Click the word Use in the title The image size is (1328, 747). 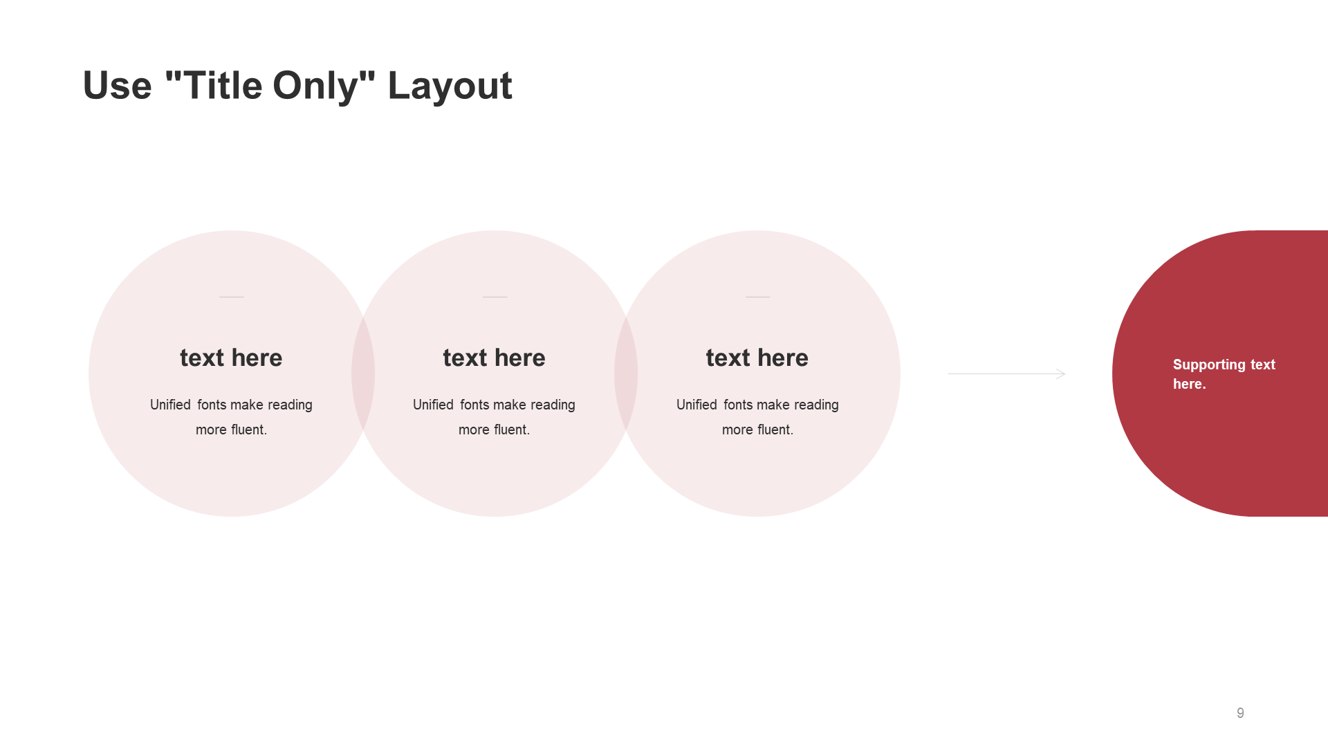(x=117, y=86)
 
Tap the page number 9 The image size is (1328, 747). (x=1240, y=713)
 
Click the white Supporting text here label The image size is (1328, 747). (x=1224, y=374)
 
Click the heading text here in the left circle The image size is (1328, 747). (x=231, y=358)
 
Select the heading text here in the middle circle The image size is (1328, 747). (x=494, y=358)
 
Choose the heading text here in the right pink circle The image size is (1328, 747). (x=757, y=358)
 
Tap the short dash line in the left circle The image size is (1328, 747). (x=232, y=297)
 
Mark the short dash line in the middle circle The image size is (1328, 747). (x=495, y=297)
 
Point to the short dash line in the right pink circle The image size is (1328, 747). (x=757, y=297)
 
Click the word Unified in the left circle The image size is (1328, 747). (x=170, y=405)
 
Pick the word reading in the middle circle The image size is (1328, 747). (x=552, y=405)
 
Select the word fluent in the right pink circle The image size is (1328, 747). (x=773, y=430)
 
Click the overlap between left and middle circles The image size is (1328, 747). (x=363, y=373)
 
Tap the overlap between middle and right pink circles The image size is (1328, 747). (x=626, y=373)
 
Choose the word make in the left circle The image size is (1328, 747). (x=246, y=405)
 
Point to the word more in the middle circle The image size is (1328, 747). (x=474, y=430)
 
